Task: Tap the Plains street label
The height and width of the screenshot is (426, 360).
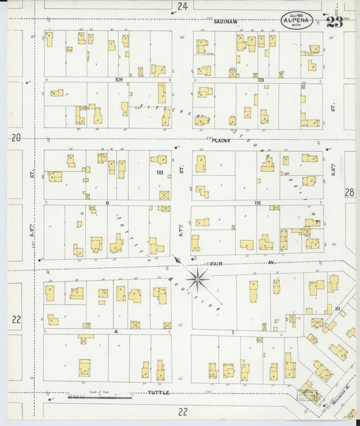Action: [221, 140]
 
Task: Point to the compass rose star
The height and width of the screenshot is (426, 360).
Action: [198, 277]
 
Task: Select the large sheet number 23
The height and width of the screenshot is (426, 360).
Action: [334, 22]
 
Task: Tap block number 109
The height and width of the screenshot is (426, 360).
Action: [118, 80]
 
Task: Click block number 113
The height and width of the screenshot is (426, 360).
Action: [260, 80]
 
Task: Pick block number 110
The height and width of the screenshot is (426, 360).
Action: [159, 173]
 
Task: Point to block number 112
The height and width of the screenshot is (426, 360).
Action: [257, 203]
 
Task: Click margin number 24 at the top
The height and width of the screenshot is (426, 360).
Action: [182, 6]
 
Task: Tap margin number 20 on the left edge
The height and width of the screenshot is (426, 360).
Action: [16, 138]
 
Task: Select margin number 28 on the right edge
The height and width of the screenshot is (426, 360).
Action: [349, 192]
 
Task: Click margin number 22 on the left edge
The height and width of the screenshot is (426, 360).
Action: [16, 319]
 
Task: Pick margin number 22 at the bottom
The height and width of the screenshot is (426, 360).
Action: [182, 411]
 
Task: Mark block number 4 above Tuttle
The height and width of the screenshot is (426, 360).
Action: [116, 331]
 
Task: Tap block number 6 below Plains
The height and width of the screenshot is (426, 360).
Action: [107, 203]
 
